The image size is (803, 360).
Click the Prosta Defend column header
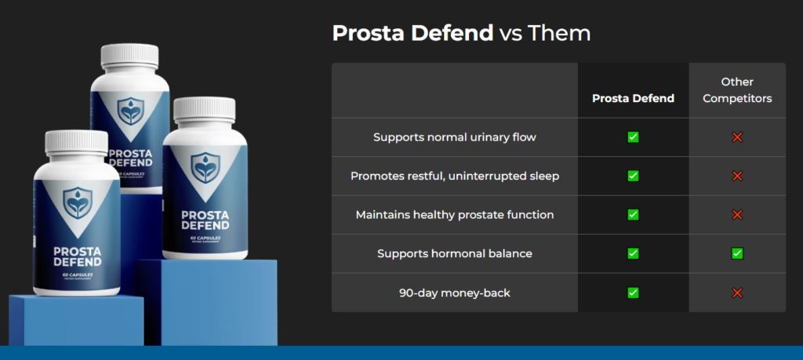click(x=633, y=99)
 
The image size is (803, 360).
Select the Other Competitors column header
click(x=736, y=90)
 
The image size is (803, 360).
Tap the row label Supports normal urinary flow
click(x=454, y=137)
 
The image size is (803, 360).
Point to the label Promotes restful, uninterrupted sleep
click(x=454, y=176)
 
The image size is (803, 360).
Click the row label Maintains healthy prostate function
click(x=454, y=215)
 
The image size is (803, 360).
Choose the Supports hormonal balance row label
click(x=454, y=253)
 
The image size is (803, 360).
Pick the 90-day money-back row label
click(x=454, y=293)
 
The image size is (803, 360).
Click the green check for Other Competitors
click(x=737, y=253)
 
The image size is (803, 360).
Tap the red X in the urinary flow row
click(x=737, y=137)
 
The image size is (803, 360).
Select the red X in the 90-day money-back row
click(x=737, y=293)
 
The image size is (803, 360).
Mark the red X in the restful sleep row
click(x=737, y=176)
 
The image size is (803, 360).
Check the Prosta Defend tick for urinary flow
click(x=633, y=137)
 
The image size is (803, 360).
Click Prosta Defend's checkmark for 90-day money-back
click(x=633, y=293)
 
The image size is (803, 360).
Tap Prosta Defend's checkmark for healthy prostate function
click(x=633, y=215)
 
